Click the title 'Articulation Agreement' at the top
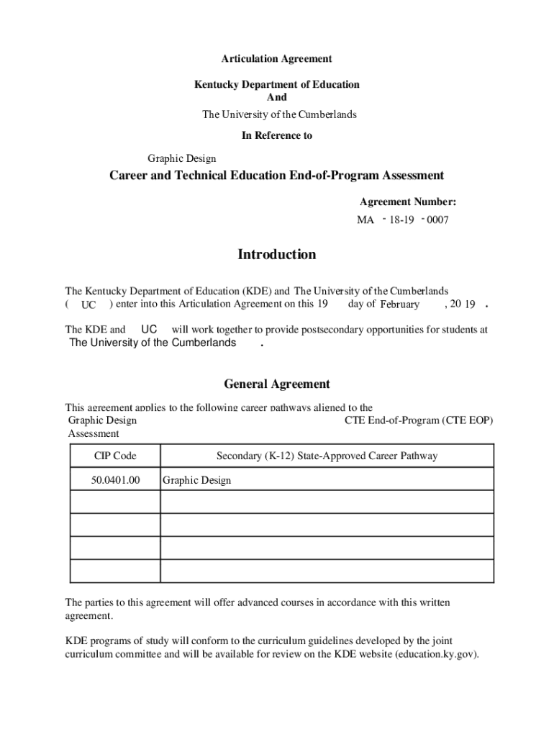click(276, 59)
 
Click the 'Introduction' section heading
click(276, 255)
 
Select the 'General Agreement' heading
click(276, 384)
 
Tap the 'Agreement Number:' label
click(408, 202)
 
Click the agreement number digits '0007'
click(437, 220)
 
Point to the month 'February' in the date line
click(399, 304)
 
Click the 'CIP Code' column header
click(115, 456)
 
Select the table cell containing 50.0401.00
click(115, 479)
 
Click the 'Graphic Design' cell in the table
click(197, 480)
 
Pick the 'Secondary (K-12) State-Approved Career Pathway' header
click(327, 456)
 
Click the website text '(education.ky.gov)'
click(437, 654)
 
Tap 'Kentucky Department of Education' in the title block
click(276, 85)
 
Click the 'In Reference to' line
click(276, 135)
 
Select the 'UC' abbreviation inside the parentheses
click(88, 305)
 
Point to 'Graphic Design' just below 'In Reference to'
click(182, 158)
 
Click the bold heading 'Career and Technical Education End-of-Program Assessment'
click(276, 176)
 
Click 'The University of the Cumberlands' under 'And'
click(279, 114)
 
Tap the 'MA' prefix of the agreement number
click(365, 220)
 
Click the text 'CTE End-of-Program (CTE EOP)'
click(419, 420)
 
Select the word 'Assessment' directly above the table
click(94, 433)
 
